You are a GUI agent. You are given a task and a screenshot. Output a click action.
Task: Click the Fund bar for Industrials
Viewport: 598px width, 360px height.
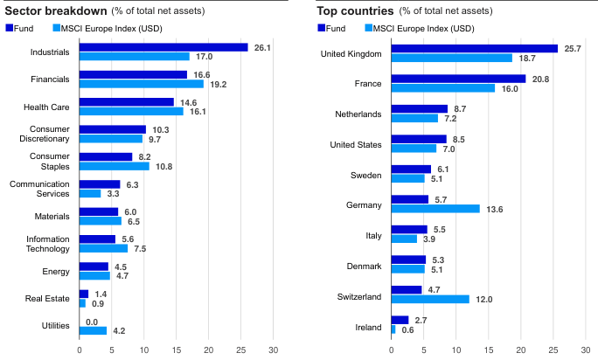coord(163,47)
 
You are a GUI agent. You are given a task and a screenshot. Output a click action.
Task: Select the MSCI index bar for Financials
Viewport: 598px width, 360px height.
coord(141,84)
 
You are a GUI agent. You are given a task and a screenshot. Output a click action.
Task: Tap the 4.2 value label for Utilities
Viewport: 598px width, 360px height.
coord(119,331)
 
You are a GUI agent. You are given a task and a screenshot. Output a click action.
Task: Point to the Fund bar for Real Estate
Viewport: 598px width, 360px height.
coord(84,294)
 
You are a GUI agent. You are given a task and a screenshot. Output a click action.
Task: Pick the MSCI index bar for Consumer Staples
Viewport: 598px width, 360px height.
coord(115,166)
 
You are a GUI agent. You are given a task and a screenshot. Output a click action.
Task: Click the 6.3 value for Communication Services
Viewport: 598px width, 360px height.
coord(133,184)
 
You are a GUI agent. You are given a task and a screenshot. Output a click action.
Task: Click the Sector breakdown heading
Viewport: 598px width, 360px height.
coord(54,10)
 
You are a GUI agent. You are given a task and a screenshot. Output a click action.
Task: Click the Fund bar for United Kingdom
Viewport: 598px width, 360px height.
coord(474,48)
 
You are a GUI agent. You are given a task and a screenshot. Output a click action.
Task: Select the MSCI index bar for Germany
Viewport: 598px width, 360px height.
coord(435,209)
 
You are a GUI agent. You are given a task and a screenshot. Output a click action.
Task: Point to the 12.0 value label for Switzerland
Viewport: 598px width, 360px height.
coord(483,299)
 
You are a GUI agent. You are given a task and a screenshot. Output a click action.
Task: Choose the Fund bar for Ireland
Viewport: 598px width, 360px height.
coord(400,321)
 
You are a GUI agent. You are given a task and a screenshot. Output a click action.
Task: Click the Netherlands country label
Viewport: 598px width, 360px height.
coord(358,114)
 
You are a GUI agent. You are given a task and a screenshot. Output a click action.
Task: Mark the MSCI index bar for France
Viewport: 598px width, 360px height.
coord(442,88)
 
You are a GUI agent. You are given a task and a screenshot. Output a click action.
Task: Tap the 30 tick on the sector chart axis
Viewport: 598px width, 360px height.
coord(273,350)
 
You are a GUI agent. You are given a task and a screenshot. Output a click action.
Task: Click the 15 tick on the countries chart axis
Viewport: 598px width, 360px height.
coord(488,350)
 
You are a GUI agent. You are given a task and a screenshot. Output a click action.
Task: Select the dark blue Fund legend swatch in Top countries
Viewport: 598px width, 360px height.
coord(322,28)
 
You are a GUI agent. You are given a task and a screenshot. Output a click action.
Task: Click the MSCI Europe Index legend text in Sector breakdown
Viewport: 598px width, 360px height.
coord(108,28)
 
